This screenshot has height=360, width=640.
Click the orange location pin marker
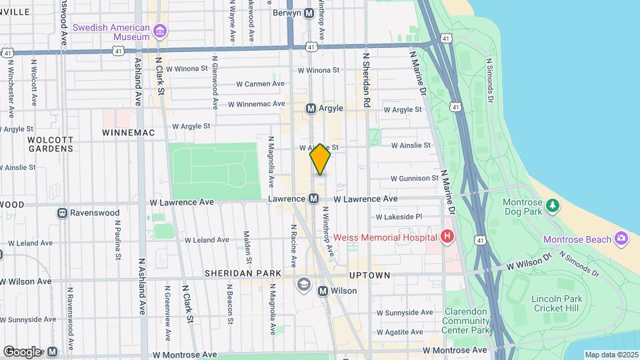pos(320,159)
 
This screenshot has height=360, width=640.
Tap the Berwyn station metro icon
pos(309,13)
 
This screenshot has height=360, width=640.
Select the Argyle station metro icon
pos(311,108)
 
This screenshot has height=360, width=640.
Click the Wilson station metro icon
pos(323,291)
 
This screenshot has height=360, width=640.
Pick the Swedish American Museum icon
pos(159,31)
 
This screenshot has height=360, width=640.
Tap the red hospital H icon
pos(447,237)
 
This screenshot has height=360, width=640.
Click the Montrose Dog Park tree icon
pos(551,205)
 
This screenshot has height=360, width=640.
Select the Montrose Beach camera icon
pos(621,239)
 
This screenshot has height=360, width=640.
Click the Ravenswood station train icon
pos(62,213)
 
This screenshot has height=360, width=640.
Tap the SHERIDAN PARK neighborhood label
pos(243,273)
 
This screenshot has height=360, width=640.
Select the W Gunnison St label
pos(414,179)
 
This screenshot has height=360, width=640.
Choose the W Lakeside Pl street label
pos(399,217)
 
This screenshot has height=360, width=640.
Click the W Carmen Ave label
pos(261,84)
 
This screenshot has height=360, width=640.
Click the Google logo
pos(22,351)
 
